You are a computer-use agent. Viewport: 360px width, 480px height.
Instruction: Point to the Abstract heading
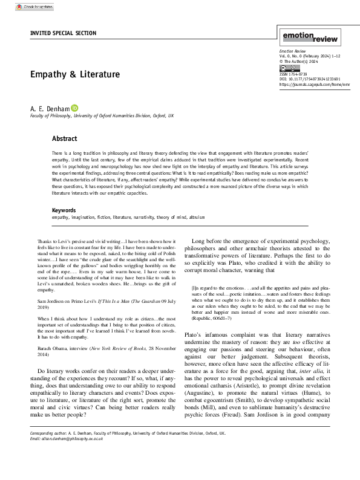click(64, 138)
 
